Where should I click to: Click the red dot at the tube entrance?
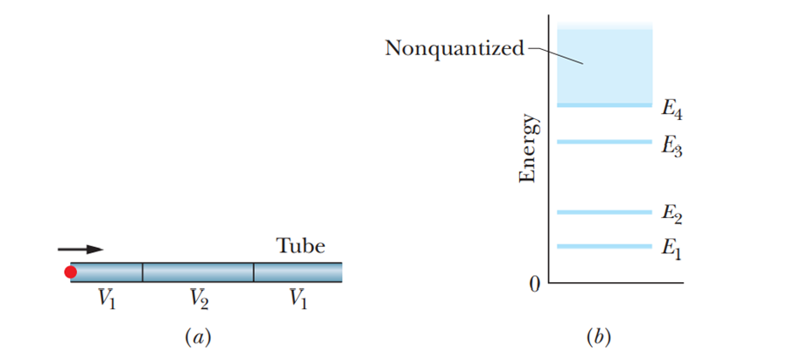[71, 272]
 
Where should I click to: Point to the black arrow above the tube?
[81, 250]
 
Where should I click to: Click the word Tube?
[300, 246]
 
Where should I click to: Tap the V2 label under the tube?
[198, 300]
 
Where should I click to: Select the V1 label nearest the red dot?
[107, 300]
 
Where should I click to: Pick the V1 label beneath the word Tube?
[299, 300]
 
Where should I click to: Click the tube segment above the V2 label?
[198, 272]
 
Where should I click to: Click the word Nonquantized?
[454, 47]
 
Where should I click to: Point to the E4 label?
[672, 110]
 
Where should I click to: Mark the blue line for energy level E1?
[605, 246]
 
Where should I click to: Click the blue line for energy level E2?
[605, 212]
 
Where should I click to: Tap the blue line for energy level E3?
[605, 141]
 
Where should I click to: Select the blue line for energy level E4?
[605, 105]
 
